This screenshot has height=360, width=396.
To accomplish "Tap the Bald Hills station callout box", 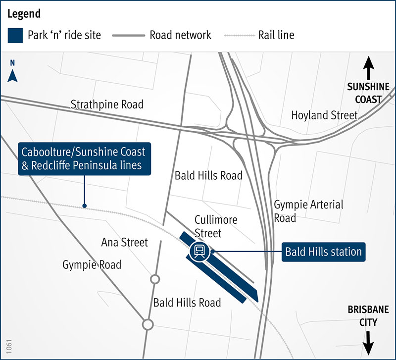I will (x=323, y=252).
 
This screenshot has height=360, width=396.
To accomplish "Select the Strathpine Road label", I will (x=107, y=104).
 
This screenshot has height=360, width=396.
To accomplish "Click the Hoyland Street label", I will (x=324, y=115).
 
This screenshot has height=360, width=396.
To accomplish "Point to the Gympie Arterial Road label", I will (x=308, y=211).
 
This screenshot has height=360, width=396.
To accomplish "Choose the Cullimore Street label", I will (x=216, y=226).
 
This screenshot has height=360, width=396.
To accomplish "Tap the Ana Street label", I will (x=124, y=242).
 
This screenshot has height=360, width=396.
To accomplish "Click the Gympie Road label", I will (x=92, y=265).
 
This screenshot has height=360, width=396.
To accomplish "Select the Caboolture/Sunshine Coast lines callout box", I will (x=85, y=158).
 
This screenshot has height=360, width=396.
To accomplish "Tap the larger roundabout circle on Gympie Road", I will (x=147, y=324).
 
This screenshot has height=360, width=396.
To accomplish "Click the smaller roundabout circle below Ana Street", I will (x=154, y=279).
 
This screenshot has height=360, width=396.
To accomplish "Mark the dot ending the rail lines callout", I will (x=85, y=206).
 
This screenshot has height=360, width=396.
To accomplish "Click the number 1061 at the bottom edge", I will (x=8, y=346).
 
